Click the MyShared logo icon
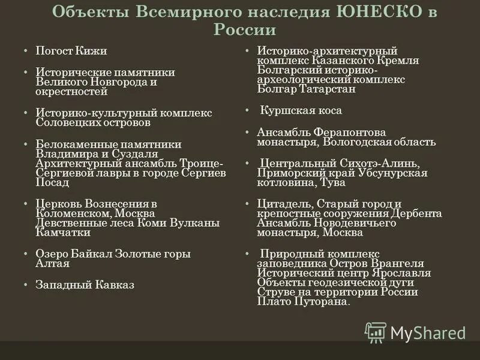tap(376, 332)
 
